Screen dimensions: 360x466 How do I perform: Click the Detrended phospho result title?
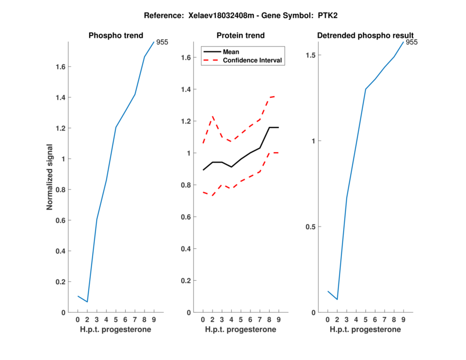coord(365,36)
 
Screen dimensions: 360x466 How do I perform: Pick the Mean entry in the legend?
coord(231,52)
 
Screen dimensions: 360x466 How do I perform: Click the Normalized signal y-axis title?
coord(51,177)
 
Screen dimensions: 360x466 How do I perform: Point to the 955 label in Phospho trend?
coord(162,42)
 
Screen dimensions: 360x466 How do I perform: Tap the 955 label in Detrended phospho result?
coord(411,42)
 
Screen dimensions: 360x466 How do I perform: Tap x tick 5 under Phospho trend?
coord(116,319)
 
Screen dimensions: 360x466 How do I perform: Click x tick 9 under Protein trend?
coord(278,319)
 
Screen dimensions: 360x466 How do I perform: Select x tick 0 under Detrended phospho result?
coord(327,319)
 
